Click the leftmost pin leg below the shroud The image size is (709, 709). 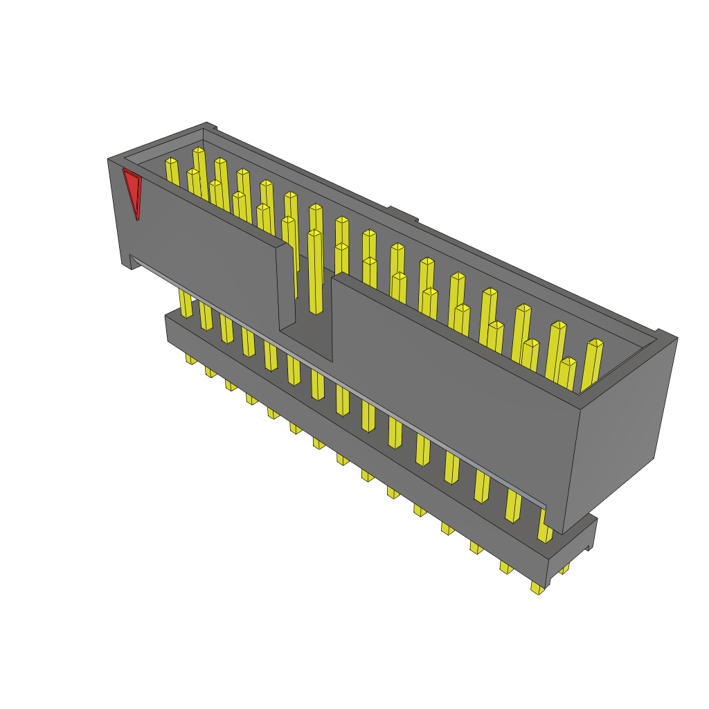pyautogui.click(x=186, y=305)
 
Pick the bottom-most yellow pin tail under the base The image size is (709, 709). pyautogui.click(x=537, y=588)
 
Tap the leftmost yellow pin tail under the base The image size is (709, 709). pyautogui.click(x=190, y=359)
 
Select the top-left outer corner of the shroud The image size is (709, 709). pyautogui.click(x=109, y=160)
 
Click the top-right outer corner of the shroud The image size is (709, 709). pyautogui.click(x=676, y=338)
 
